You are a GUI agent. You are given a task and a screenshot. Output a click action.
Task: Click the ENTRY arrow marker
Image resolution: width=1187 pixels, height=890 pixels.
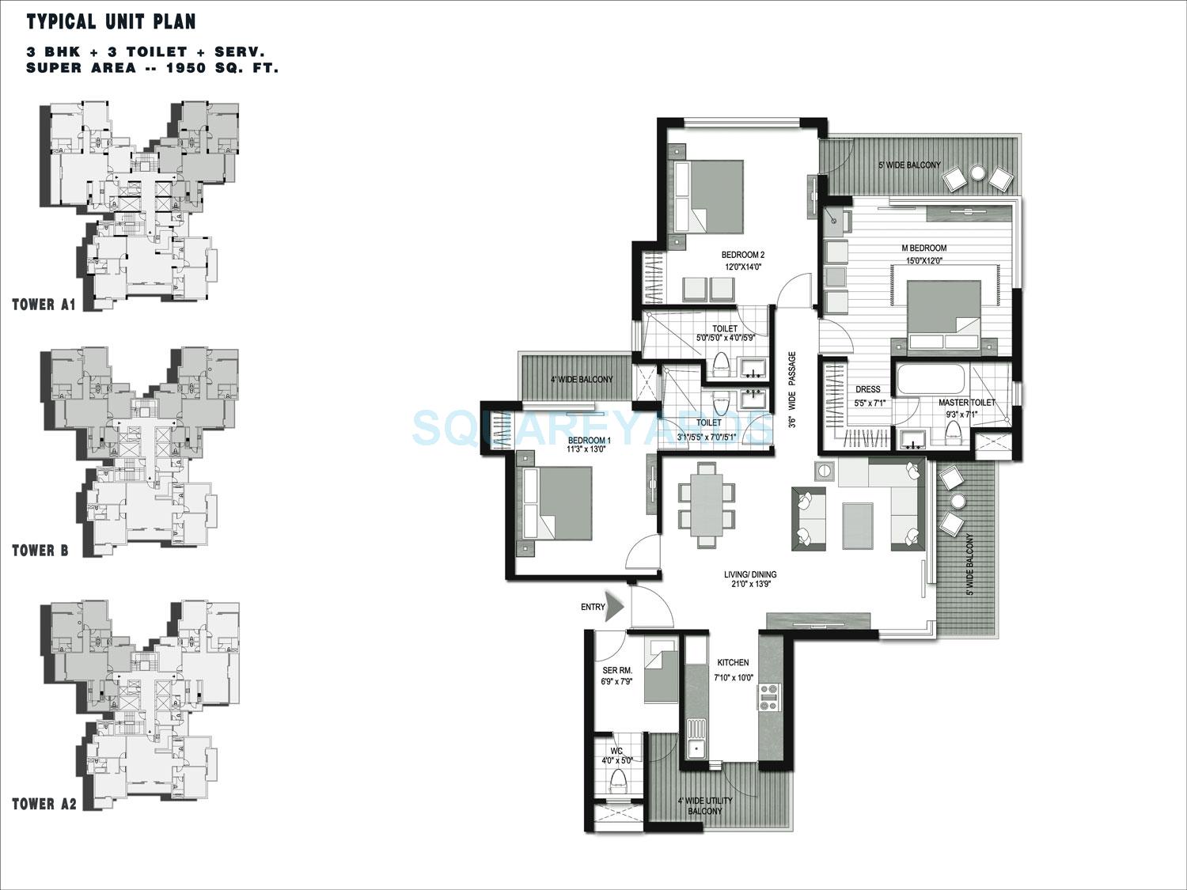[x=615, y=606]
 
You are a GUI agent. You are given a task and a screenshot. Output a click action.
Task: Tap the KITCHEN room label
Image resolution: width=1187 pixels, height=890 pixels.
[x=733, y=662]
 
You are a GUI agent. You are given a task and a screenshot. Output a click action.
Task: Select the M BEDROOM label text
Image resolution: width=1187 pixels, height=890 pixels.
[x=923, y=248]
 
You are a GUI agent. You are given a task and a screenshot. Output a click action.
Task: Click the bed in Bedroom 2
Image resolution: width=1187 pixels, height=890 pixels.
[x=708, y=197]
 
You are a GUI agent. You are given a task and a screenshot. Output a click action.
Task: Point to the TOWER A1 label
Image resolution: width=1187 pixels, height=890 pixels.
[x=44, y=305]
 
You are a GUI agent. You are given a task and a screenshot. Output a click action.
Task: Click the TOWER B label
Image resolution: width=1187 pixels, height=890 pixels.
[x=40, y=551]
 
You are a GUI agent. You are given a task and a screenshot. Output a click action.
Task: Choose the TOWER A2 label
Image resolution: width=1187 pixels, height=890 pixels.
[x=44, y=804]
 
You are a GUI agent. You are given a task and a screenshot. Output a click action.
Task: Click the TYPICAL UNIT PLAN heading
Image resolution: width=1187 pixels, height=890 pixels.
[x=111, y=21]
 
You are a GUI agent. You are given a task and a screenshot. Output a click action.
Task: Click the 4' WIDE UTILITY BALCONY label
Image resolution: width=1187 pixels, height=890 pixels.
[x=704, y=805]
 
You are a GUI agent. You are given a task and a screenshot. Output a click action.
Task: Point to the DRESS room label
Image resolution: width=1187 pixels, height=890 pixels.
[x=868, y=389]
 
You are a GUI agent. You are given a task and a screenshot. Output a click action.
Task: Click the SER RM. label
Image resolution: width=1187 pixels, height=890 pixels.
[x=617, y=671]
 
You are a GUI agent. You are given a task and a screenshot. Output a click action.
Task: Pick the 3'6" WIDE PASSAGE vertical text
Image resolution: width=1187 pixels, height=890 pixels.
[x=791, y=390]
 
